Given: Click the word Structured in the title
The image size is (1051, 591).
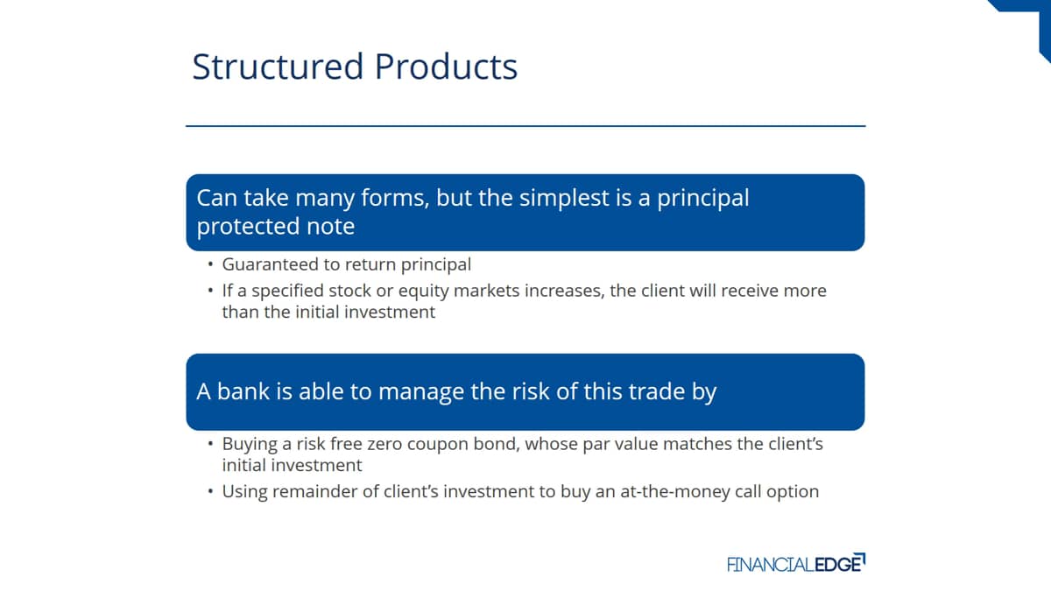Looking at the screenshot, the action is point(278,67).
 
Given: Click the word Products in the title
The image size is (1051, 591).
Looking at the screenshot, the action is point(446,67).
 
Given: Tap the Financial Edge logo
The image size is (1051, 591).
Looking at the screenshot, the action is point(796,563).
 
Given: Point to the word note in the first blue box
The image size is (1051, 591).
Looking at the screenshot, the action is point(330,226).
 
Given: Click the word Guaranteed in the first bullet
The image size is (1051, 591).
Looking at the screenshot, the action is point(270,264).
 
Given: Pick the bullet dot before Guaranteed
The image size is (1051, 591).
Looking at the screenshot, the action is point(211,264).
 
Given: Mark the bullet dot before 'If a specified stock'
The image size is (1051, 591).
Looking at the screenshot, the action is point(211,291).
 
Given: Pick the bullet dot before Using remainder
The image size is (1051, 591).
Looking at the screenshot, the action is point(211,491).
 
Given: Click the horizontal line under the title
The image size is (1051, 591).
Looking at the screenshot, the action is point(525,126).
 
